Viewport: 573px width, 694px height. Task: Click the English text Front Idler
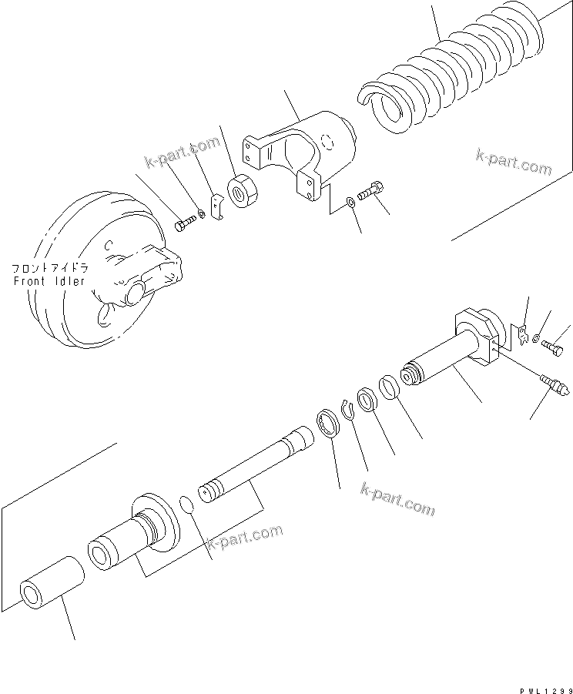click(51, 281)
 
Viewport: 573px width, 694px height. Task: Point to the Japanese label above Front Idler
click(49, 269)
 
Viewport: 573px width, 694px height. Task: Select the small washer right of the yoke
click(350, 201)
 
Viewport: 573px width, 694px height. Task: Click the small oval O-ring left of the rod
click(185, 504)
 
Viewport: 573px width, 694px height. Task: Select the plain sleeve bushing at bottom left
click(51, 582)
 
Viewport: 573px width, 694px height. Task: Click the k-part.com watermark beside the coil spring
click(514, 164)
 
